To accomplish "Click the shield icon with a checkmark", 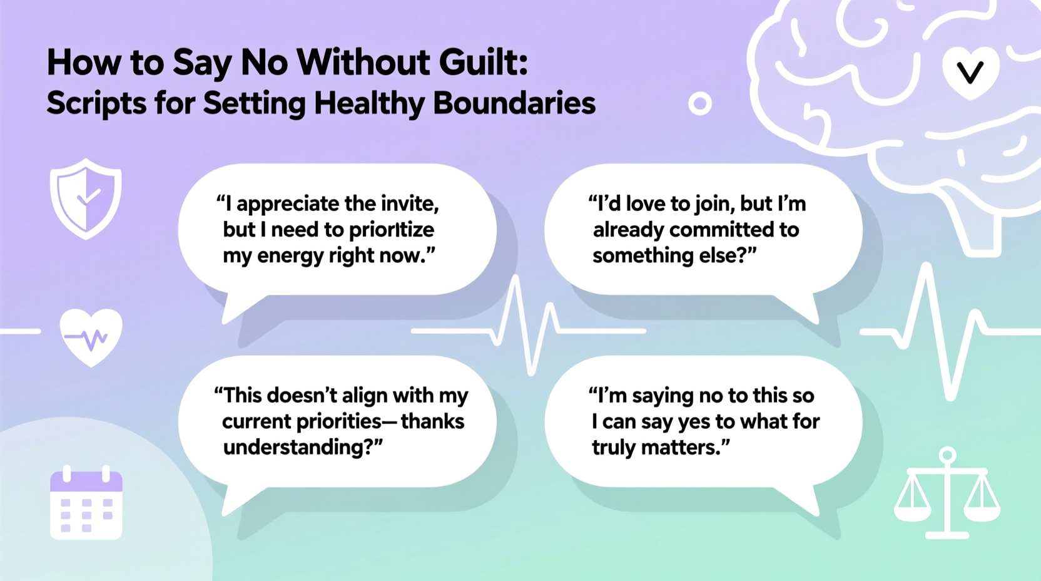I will [86, 199].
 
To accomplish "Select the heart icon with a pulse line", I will [91, 336].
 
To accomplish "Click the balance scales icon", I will [947, 495].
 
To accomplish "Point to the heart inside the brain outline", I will [970, 73].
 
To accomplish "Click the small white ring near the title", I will [699, 103].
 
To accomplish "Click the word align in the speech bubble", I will [351, 396].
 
